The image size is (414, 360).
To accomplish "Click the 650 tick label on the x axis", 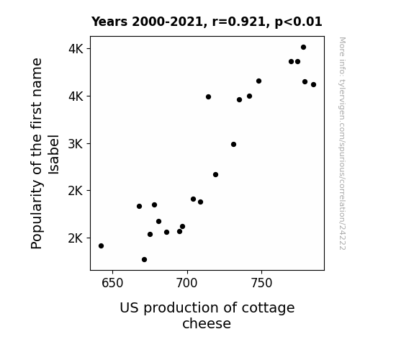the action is click(x=112, y=284).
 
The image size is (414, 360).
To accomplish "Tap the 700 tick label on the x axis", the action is click(x=187, y=284).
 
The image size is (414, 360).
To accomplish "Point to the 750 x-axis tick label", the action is click(x=261, y=284).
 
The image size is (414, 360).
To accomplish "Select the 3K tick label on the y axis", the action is click(x=76, y=144).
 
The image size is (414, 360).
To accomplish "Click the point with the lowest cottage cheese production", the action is click(x=101, y=246).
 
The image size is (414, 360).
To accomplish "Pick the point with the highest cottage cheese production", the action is click(x=313, y=85).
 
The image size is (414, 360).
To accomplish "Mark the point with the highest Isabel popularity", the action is click(x=303, y=48).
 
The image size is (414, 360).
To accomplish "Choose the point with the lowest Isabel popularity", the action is click(x=144, y=260).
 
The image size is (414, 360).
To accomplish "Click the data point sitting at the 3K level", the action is click(x=233, y=145).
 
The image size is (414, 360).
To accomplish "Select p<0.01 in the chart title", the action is click(x=299, y=22).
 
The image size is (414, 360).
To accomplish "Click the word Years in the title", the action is click(x=109, y=22).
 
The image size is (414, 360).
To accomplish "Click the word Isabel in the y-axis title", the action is click(x=53, y=155).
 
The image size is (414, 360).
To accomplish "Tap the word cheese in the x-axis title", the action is click(x=207, y=323).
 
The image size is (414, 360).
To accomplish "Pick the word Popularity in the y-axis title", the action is click(x=37, y=215).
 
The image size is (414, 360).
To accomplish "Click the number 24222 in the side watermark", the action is click(x=342, y=237).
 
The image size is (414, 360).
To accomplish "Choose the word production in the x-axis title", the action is click(x=181, y=308).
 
